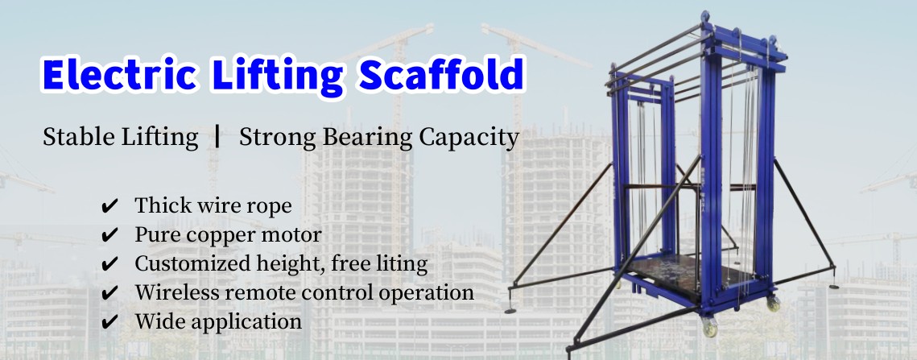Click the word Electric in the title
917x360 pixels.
(119, 74)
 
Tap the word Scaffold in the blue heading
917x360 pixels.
(441, 74)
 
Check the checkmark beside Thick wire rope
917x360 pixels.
(109, 206)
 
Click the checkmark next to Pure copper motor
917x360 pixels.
(109, 235)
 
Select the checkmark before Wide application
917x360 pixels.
(109, 322)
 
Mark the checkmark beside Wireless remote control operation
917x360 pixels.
(109, 292)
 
